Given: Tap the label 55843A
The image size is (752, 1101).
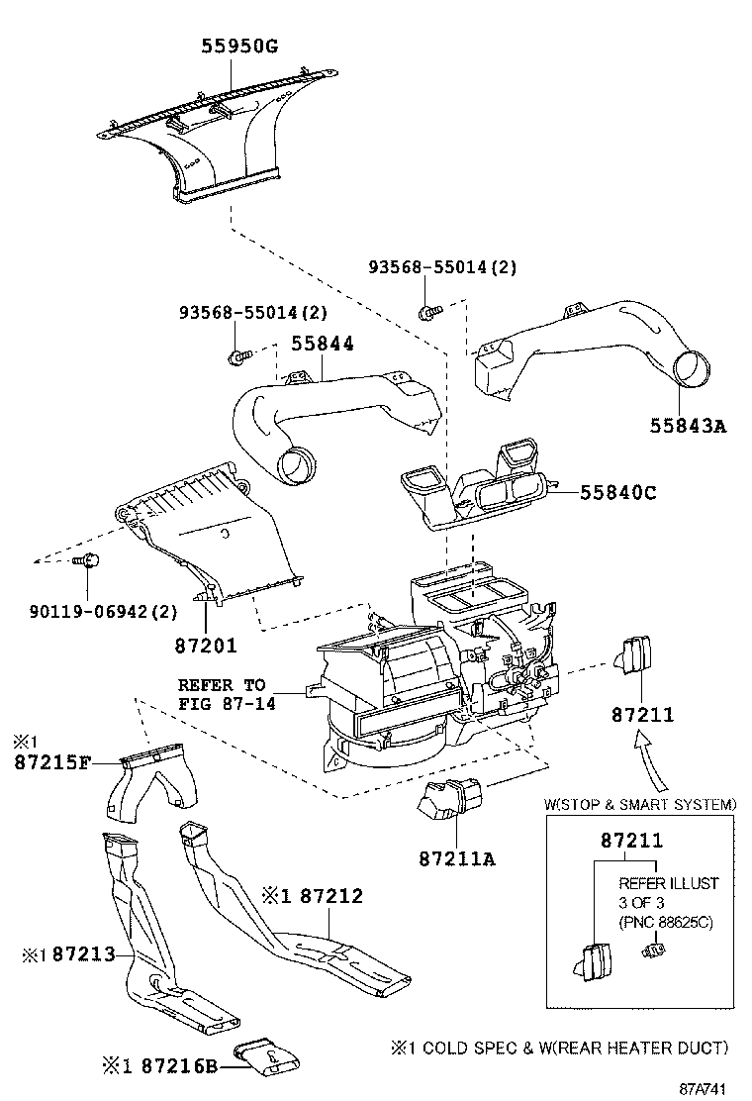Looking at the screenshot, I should click(688, 426).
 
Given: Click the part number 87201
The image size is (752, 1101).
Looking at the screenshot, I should click(206, 646).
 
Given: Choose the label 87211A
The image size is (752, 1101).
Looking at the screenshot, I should click(455, 857).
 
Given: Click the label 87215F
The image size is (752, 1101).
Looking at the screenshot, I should click(53, 762).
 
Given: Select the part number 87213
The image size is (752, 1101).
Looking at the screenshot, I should click(84, 954).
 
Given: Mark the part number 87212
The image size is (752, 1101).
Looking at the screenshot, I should click(331, 896).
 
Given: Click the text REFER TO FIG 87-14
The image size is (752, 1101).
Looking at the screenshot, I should click(222, 693).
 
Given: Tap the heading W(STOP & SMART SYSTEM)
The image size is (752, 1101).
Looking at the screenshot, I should click(640, 804).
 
